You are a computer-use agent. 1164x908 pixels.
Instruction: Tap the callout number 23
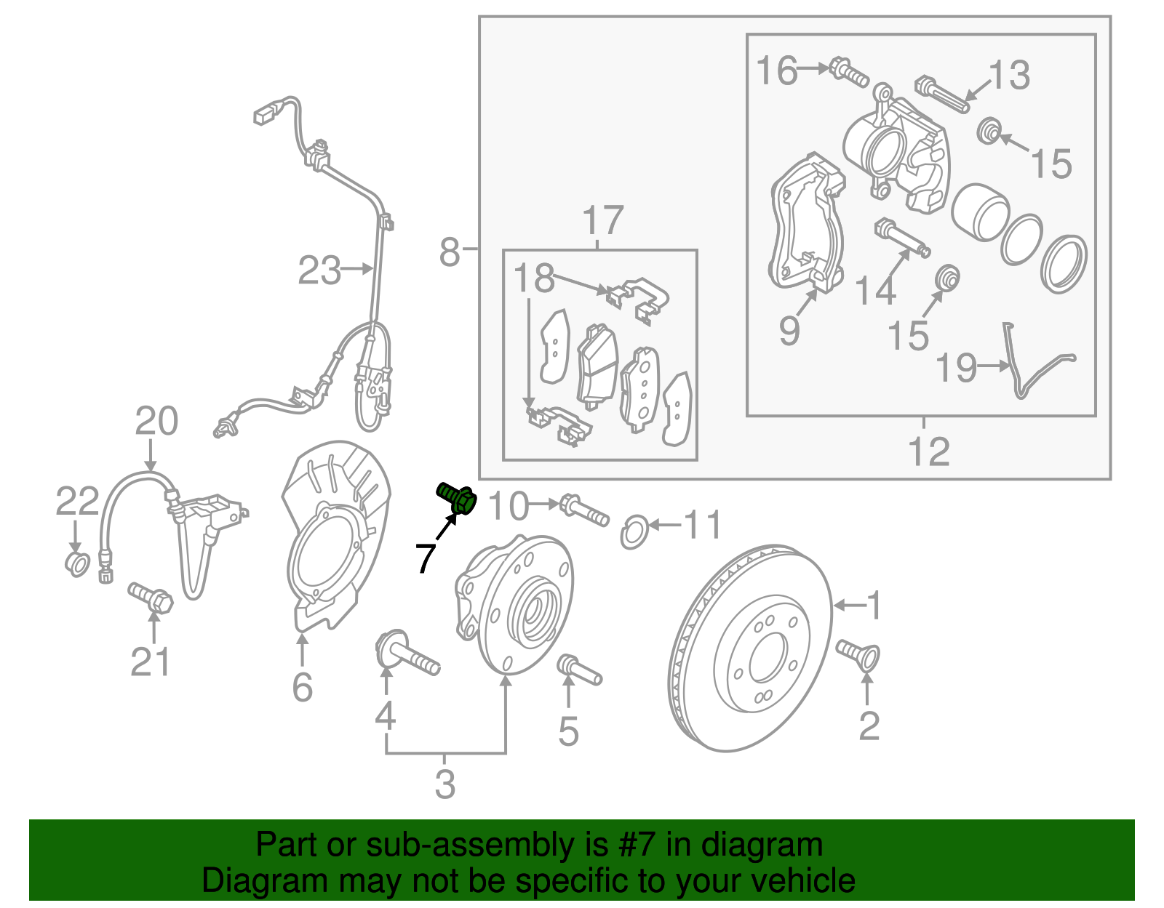point(319,270)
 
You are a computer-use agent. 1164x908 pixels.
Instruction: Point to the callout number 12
point(929,451)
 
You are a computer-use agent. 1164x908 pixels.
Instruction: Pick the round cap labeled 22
point(77,563)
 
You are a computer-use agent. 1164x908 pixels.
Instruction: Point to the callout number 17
point(603,220)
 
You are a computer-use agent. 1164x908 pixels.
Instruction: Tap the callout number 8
point(450,252)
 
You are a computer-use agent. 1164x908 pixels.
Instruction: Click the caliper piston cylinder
point(979,212)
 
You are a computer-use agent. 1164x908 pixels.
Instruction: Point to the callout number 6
point(302,686)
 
